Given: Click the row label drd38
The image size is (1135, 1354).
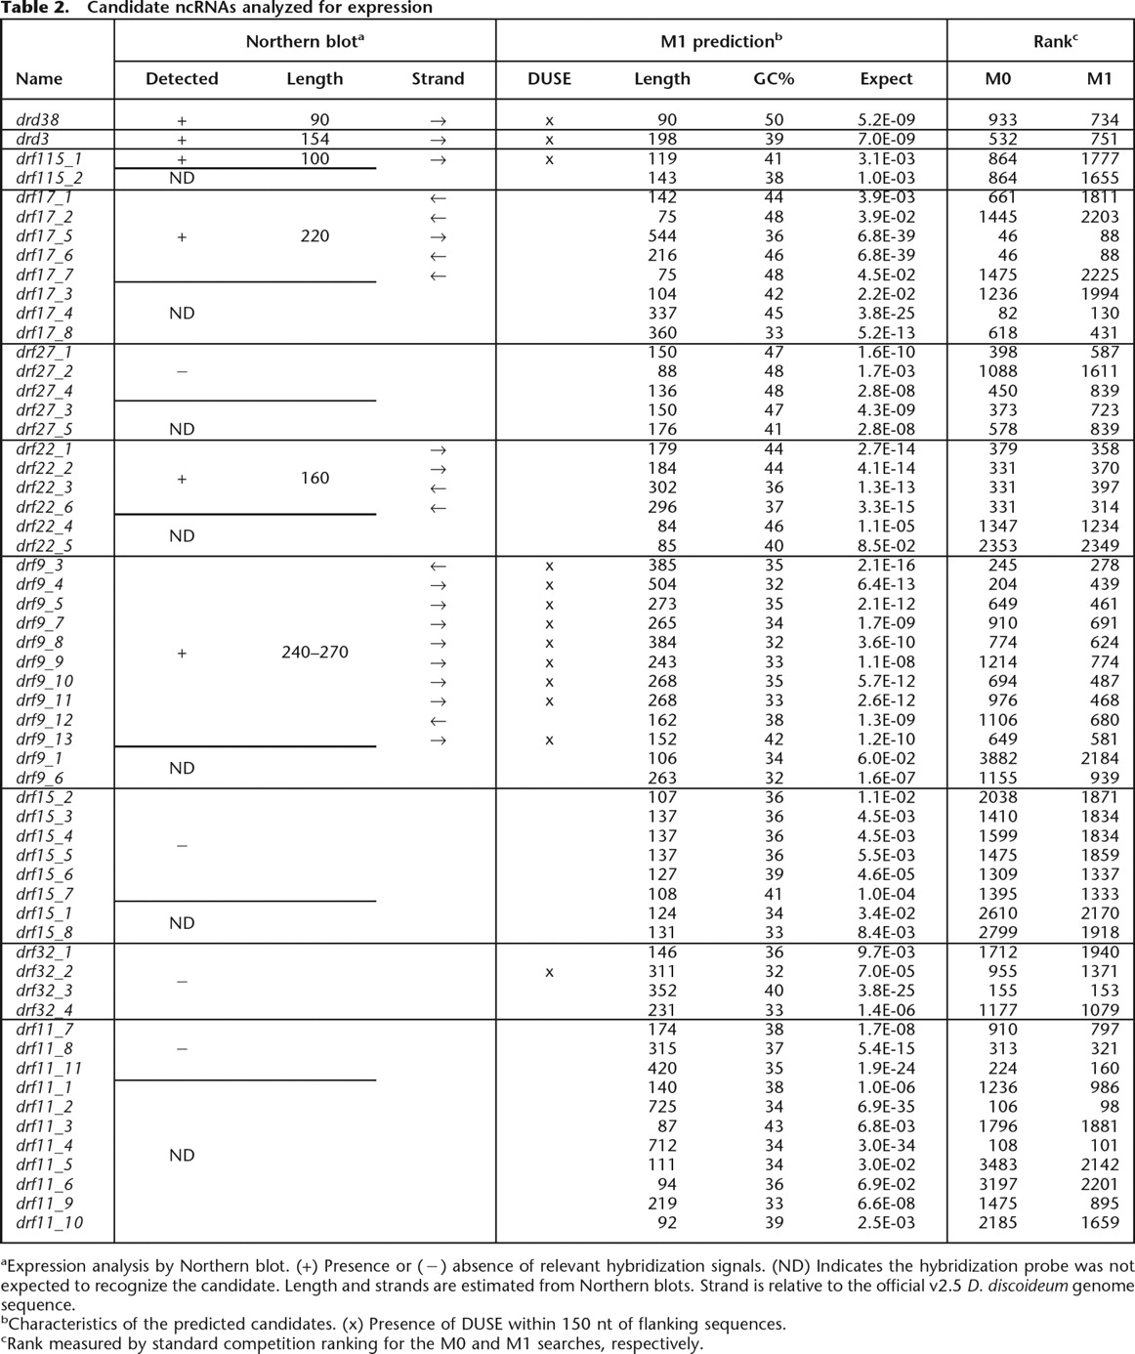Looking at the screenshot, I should pos(37,120).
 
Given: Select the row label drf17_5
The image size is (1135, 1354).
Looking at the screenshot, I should pos(44,236).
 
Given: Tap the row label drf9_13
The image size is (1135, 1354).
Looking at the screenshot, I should pos(44,740).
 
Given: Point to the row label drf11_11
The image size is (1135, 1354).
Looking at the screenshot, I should pos(48,1068).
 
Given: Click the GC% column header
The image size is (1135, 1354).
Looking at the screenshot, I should pos(774,79).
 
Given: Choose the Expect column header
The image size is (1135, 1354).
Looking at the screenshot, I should pos(886,79).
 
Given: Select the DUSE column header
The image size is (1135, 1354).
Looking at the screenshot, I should pos(549,79).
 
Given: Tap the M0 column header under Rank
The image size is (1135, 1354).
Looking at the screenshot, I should pos(997,79).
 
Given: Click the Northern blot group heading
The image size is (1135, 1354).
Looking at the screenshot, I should pos(305,41).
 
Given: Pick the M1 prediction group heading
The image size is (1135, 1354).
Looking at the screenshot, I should pos(721,41).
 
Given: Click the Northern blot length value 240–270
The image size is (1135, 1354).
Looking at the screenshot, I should pos(315,653).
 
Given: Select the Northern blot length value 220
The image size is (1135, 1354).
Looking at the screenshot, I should pos(315,236).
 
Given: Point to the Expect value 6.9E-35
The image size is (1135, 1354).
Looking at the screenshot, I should pos(886,1107).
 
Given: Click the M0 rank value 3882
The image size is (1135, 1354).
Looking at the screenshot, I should pos(996,759).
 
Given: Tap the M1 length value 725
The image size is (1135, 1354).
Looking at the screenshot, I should pos(662,1107).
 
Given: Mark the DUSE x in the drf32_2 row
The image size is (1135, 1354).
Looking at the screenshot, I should pos(549,972).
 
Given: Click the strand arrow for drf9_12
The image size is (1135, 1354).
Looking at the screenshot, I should pos(438,721).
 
